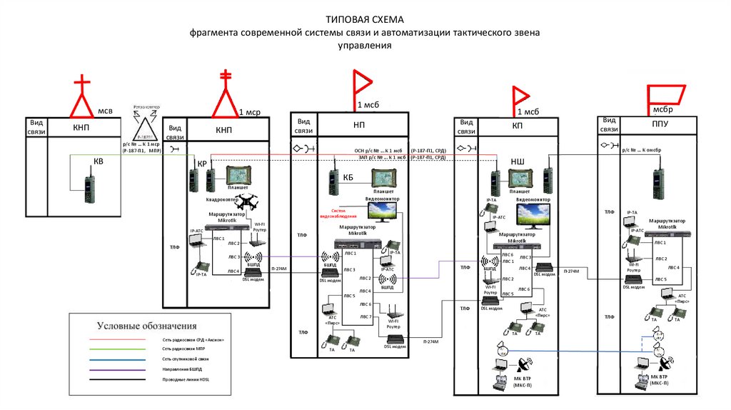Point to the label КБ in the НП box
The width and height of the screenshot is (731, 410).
[349, 177]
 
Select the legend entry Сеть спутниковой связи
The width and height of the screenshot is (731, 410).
[186, 358]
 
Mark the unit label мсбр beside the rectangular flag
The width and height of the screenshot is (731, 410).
[662, 110]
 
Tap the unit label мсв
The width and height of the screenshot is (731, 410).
[105, 111]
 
